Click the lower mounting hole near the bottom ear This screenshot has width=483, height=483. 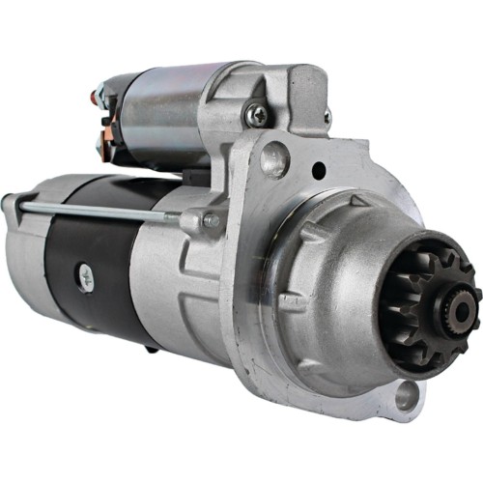coord(407,393)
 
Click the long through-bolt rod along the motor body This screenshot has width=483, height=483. coord(106,211)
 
